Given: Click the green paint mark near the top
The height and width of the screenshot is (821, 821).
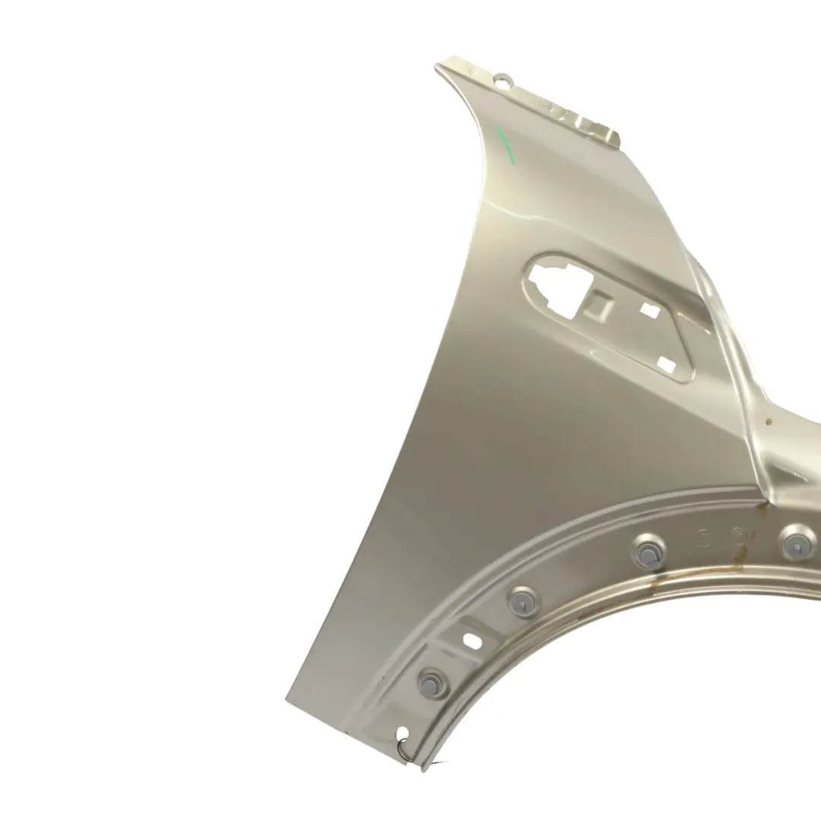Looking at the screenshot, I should pos(506,146).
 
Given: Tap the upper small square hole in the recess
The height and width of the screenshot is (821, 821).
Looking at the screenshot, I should pos(649,310).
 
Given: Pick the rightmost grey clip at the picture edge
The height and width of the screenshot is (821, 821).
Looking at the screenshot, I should pos(794,543).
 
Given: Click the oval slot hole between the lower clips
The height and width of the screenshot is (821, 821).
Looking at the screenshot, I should pos(472,639).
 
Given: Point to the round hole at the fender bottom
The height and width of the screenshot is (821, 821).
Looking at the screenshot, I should pos(402,734).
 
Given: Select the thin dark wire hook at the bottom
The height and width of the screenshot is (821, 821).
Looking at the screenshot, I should pos(409,753).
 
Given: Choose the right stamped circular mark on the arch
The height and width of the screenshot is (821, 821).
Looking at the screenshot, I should pos(736,535).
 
